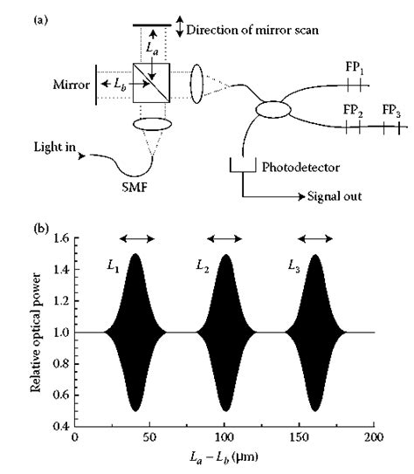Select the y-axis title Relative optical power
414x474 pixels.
pyautogui.click(x=38, y=332)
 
